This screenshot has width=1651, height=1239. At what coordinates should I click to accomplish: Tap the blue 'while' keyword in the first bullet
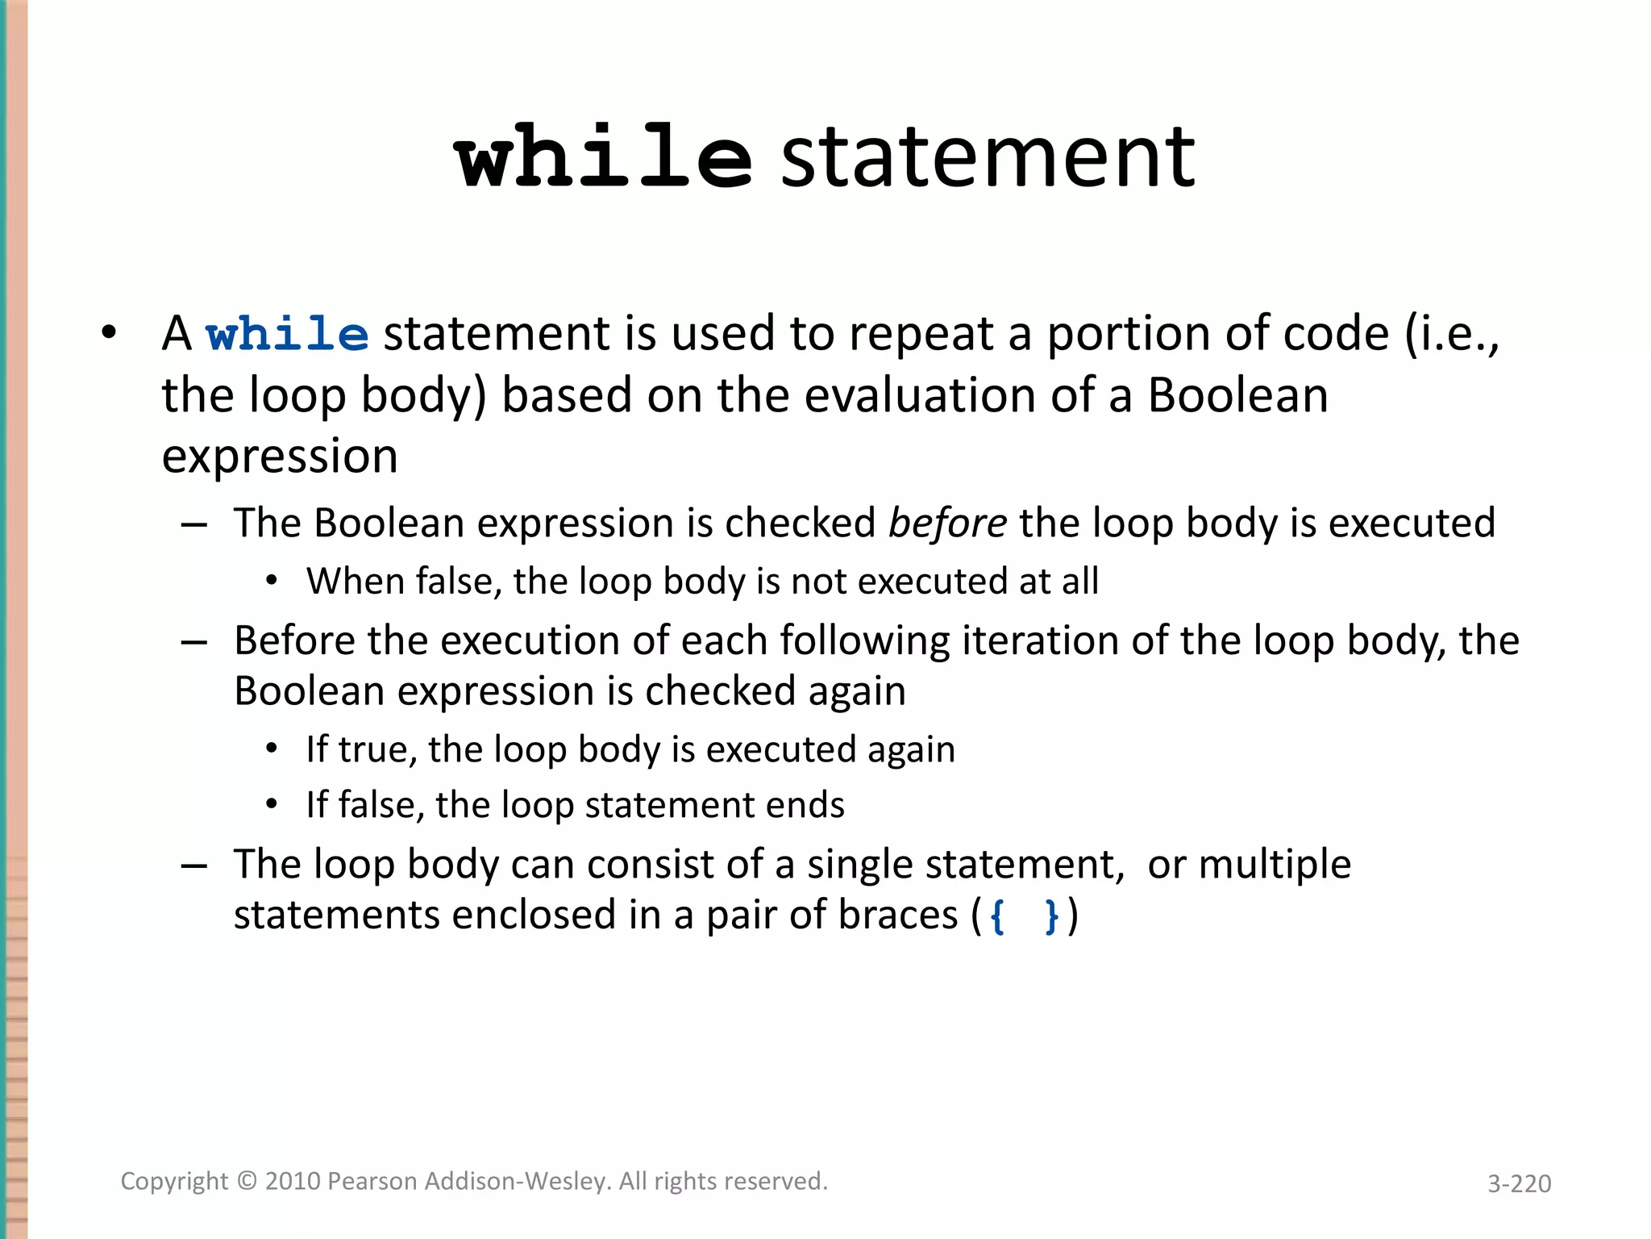(288, 334)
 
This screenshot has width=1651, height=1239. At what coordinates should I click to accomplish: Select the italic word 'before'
(947, 523)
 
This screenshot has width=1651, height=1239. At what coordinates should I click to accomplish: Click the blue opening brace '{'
(998, 916)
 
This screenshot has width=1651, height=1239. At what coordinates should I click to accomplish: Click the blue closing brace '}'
(1050, 916)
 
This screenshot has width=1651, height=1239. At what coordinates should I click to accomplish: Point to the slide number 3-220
(1519, 1183)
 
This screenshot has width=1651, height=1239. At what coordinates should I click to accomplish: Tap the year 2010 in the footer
(293, 1181)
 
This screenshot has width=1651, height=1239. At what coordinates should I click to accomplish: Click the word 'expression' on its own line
(280, 457)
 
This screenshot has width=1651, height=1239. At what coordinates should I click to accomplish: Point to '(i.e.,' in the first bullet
(1452, 334)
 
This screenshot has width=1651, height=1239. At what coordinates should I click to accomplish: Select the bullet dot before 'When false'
(272, 581)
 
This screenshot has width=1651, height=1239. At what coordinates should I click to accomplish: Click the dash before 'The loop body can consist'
(194, 866)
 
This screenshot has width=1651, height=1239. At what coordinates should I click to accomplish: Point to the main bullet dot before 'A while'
(109, 332)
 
